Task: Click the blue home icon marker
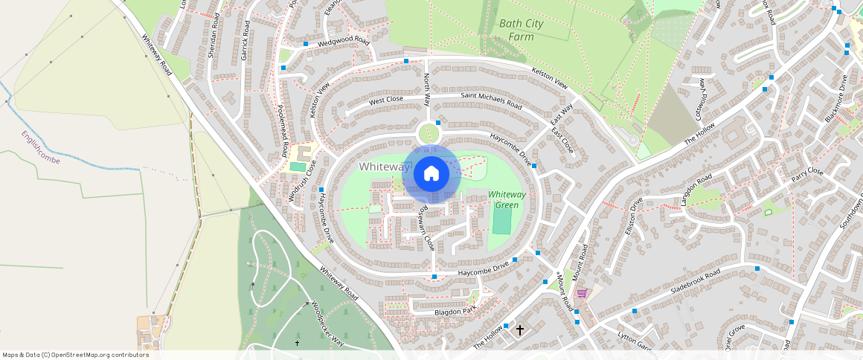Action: pos(431,174)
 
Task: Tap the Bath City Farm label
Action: pos(521,30)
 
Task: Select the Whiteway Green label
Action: pos(507,199)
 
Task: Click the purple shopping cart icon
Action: pos(581,293)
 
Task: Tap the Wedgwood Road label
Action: pos(344,41)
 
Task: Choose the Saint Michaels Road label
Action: pos(491,100)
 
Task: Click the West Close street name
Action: pos(386,100)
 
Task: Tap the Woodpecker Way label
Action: pos(327,324)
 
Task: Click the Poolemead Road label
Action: pos(283,132)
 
